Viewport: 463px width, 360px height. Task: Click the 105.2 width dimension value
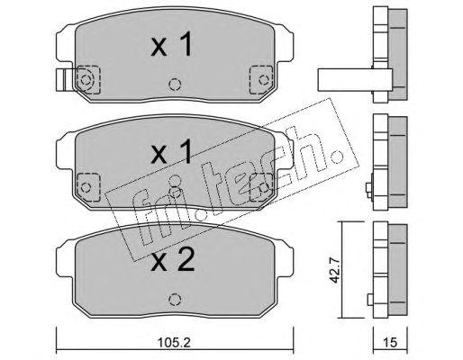[175, 342]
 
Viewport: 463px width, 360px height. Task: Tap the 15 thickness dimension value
[390, 342]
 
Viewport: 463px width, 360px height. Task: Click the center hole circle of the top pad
[175, 85]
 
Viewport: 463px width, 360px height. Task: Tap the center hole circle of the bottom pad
[175, 299]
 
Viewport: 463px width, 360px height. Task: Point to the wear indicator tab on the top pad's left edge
[64, 80]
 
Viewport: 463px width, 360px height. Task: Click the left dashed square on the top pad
[88, 80]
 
